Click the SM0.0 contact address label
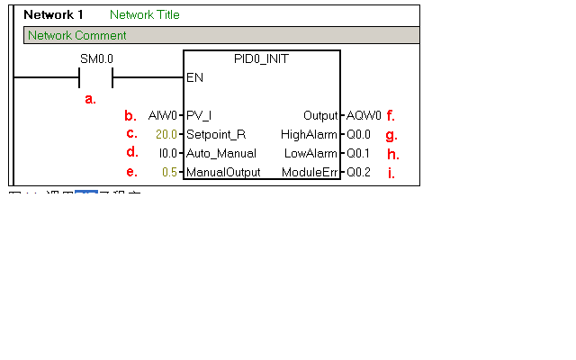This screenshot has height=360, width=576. click(x=97, y=58)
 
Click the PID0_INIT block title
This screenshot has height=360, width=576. click(x=261, y=58)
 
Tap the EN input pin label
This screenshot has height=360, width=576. click(x=194, y=77)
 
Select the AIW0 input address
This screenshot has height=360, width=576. click(x=163, y=115)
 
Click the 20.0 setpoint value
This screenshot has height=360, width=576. click(x=166, y=134)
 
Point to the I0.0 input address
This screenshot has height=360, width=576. click(x=167, y=153)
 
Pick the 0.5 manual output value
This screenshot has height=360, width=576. click(x=169, y=172)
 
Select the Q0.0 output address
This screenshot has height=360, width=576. click(x=359, y=134)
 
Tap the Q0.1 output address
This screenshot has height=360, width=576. click(x=359, y=153)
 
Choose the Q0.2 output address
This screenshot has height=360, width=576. click(x=359, y=172)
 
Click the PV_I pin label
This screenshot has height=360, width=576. click(x=199, y=115)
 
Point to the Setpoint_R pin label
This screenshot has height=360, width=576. click(x=215, y=134)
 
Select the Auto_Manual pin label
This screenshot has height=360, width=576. click(x=220, y=153)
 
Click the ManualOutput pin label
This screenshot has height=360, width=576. click(x=223, y=172)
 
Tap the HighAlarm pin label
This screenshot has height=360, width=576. click(x=309, y=134)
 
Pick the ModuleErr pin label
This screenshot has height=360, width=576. click(x=310, y=172)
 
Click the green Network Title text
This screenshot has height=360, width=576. click(x=144, y=14)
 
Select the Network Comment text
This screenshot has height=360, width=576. click(x=77, y=35)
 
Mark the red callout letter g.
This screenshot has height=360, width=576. click(x=391, y=136)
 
